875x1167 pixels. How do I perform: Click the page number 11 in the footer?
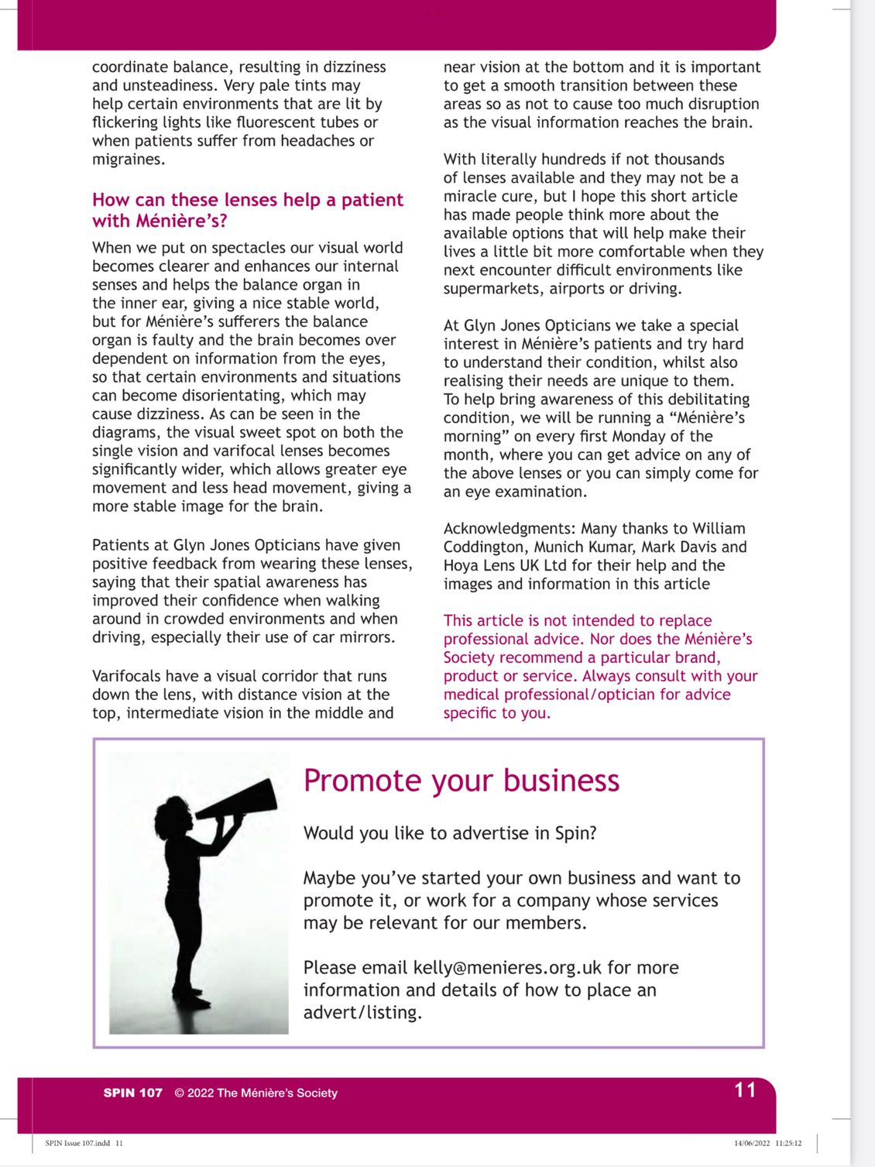[x=745, y=1090]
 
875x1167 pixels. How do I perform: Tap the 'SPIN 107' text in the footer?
[x=133, y=1093]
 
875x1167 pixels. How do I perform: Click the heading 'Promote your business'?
[x=462, y=781]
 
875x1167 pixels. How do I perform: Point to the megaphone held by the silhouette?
[x=241, y=801]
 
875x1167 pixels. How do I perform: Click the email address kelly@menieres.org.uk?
[x=507, y=967]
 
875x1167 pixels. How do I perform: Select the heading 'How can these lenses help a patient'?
[x=248, y=200]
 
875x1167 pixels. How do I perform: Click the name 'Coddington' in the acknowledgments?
[x=485, y=547]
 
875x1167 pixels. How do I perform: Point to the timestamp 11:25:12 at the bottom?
[x=788, y=1143]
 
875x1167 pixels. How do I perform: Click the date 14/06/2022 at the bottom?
[x=752, y=1143]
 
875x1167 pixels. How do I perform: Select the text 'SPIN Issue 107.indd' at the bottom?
[x=77, y=1143]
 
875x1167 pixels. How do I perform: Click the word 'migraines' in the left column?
[x=128, y=160]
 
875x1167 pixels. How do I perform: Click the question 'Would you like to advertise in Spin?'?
[x=450, y=833]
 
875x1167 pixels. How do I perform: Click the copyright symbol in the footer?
[x=179, y=1093]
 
